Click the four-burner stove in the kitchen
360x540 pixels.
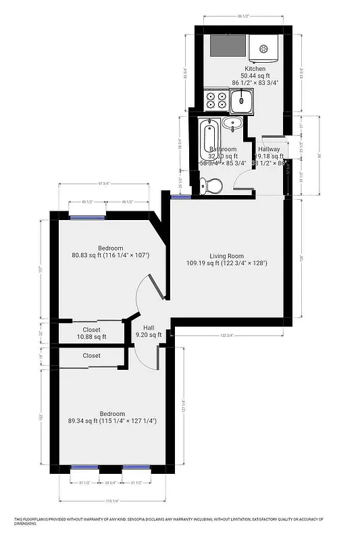pyautogui.click(x=217, y=101)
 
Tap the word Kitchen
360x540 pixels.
pyautogui.click(x=255, y=69)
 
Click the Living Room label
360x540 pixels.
pyautogui.click(x=226, y=255)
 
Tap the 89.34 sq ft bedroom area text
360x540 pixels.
pyautogui.click(x=88, y=421)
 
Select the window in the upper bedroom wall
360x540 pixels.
pyautogui.click(x=88, y=217)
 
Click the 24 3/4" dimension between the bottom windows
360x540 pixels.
pyautogui.click(x=110, y=483)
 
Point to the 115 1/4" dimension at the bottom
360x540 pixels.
pyautogui.click(x=112, y=501)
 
